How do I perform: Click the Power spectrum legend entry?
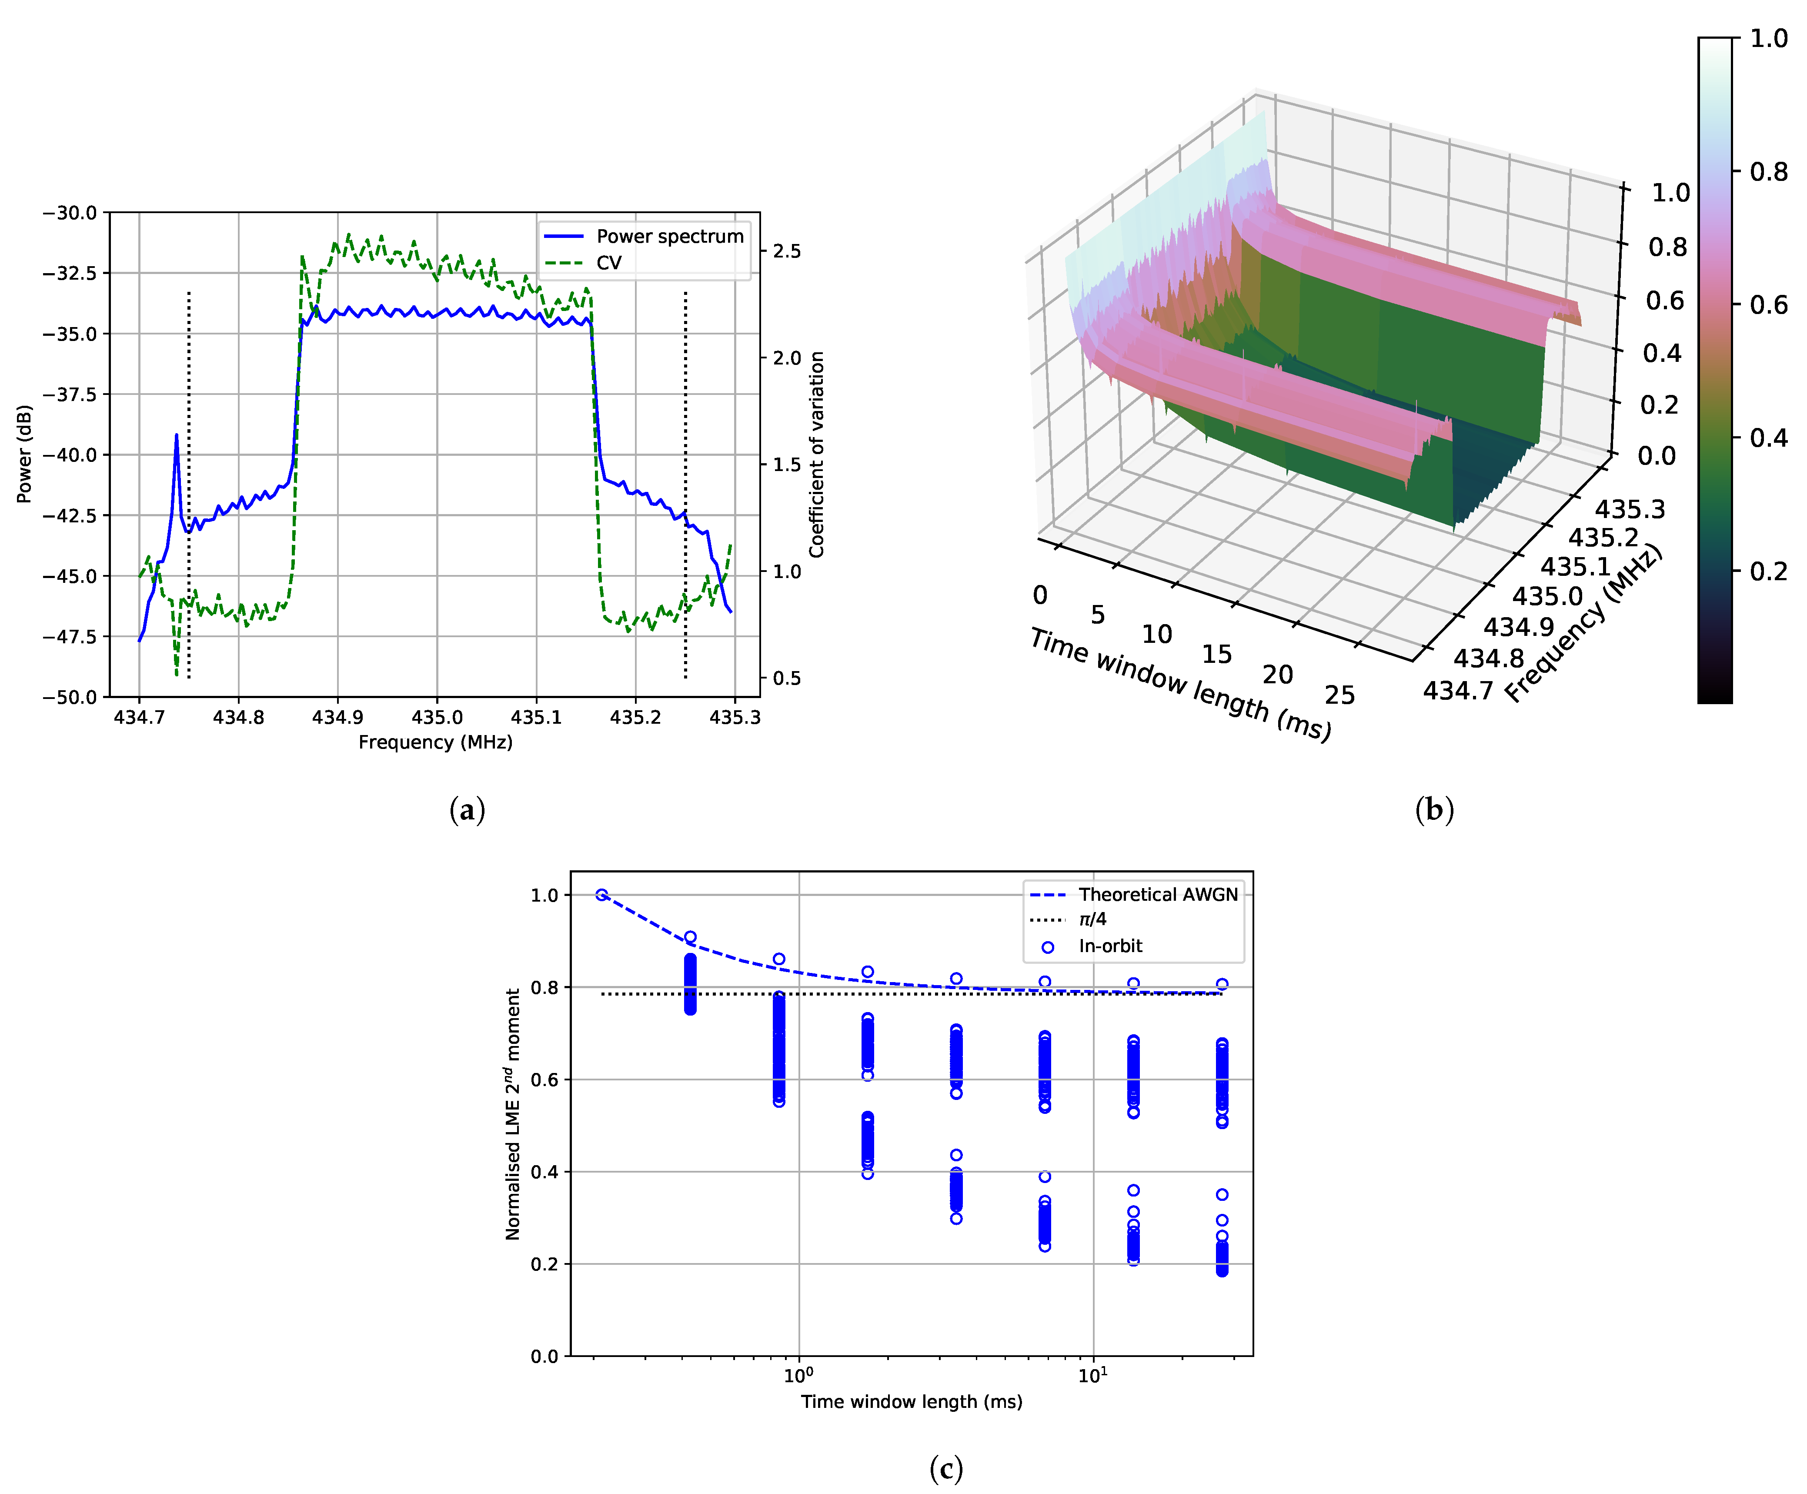point(669,236)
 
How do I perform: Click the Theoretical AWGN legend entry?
point(1157,894)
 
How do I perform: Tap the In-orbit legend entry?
point(1110,946)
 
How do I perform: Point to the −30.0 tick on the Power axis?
point(70,212)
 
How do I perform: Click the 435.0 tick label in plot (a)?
point(437,717)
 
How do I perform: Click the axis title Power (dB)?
point(24,454)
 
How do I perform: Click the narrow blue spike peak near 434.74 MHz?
point(177,435)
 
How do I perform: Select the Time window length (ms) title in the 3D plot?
point(1181,685)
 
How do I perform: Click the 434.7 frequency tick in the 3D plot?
point(1458,690)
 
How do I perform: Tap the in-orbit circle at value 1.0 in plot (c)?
point(601,895)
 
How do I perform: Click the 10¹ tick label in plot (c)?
point(1093,1375)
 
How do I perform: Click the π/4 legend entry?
point(1093,919)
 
